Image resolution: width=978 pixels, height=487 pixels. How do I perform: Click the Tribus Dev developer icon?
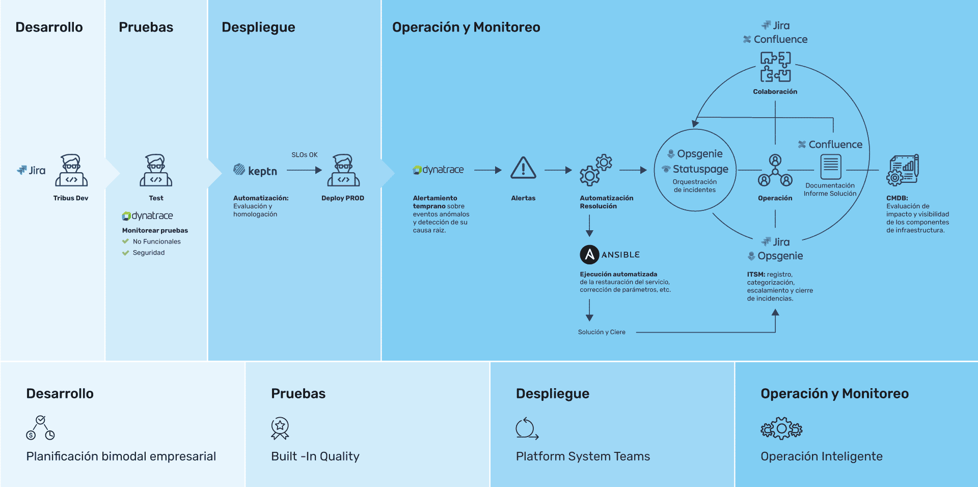pos(71,170)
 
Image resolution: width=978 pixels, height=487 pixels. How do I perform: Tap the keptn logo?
pos(255,170)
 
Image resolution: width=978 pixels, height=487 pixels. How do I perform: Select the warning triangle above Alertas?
pos(523,168)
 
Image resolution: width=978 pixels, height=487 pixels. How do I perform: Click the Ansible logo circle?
pos(589,254)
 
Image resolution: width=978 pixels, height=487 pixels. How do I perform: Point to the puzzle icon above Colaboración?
pos(775,67)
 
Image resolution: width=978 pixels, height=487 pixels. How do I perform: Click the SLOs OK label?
pos(305,155)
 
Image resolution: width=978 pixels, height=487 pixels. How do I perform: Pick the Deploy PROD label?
pos(343,198)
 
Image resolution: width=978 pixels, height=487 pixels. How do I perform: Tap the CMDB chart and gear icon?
pos(903,170)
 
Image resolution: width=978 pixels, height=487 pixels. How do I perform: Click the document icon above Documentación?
pos(831,167)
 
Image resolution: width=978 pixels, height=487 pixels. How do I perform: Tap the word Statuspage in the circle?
pos(700,169)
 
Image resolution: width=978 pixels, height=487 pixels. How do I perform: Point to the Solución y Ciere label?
pos(602,332)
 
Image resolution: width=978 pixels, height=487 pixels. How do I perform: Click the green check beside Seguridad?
pos(125,253)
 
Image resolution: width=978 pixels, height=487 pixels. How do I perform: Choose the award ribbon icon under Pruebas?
pos(280,428)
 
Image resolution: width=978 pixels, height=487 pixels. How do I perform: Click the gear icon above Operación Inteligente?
pos(781,428)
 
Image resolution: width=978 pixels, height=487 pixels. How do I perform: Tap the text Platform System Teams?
pos(583,456)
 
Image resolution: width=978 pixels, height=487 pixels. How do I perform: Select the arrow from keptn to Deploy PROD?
pos(304,170)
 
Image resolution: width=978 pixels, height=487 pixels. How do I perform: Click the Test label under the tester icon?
pos(156,198)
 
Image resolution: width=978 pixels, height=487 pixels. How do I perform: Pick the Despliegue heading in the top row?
pos(258,28)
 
